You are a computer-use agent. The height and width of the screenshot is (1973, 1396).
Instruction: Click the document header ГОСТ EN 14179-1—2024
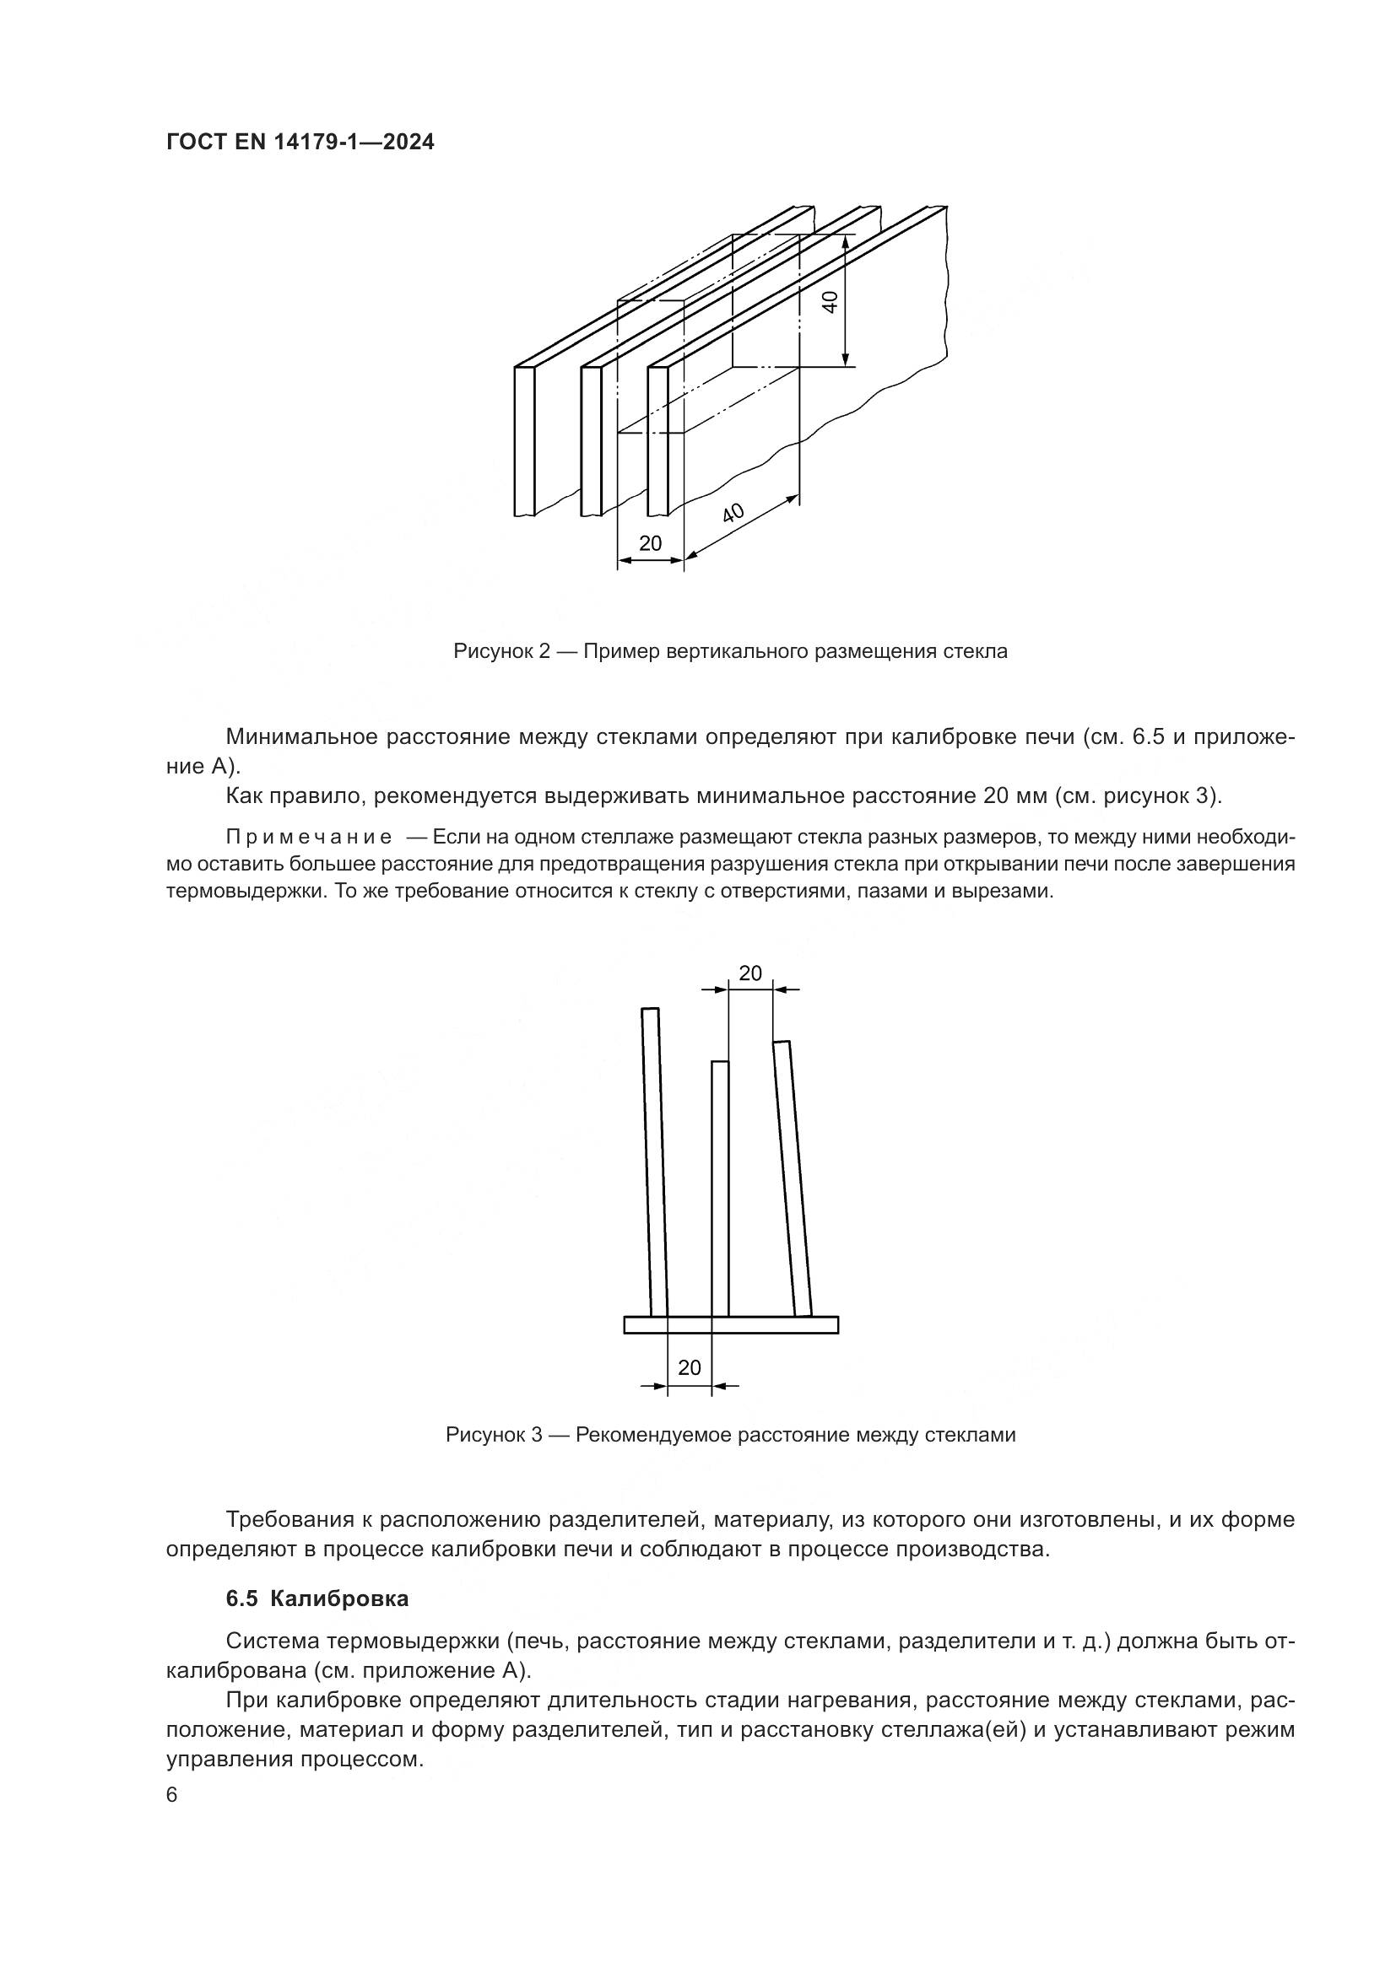point(300,143)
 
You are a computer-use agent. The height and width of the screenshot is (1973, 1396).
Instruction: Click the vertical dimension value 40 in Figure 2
point(831,302)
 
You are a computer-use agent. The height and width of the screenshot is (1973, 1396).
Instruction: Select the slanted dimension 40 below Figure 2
point(733,514)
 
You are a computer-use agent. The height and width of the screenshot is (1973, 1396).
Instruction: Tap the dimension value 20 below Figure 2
point(651,543)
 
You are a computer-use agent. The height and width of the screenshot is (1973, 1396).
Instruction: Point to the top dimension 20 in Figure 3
point(750,973)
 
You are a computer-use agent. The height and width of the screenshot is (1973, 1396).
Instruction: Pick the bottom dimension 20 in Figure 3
point(690,1367)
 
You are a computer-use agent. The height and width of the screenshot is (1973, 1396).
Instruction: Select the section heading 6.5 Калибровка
point(317,1599)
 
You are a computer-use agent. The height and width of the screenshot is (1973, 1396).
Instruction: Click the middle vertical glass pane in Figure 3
point(720,1190)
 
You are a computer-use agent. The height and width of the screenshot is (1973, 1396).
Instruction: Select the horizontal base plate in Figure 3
point(731,1324)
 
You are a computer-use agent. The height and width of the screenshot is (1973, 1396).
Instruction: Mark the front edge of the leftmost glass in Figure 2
point(525,441)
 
